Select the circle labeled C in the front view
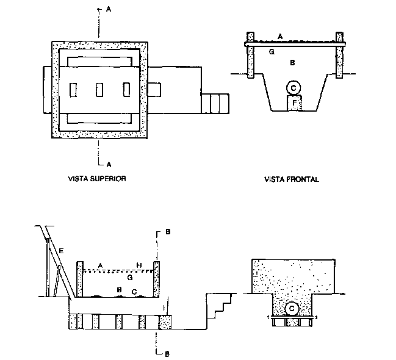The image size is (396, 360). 293,88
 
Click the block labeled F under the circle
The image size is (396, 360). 295,104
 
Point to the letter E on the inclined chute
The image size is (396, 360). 61,251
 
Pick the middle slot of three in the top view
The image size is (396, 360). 99,90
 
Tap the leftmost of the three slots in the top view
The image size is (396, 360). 73,90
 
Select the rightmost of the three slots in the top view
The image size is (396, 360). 126,90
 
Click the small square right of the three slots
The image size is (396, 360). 154,90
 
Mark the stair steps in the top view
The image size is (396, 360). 215,103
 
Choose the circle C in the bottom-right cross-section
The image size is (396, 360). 292,309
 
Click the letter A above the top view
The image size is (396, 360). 108,10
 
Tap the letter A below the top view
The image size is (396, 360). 108,164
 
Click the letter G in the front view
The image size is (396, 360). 272,52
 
